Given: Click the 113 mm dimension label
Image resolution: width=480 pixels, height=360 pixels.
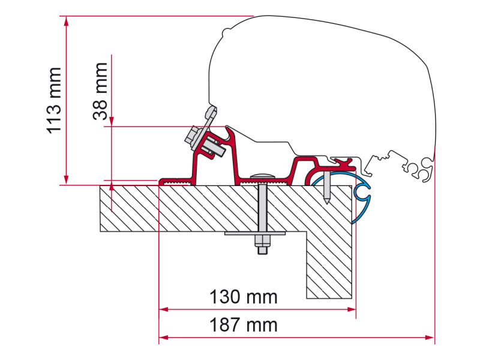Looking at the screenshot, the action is tap(55, 101).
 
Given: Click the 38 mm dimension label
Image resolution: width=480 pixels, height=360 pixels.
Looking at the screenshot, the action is tap(100, 91).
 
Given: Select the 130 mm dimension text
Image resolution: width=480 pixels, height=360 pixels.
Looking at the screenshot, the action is tap(244, 297).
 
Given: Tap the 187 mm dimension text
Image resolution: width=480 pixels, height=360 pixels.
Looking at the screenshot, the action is tap(244, 325).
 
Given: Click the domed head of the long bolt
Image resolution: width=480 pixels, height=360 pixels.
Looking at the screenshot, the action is tap(262, 176).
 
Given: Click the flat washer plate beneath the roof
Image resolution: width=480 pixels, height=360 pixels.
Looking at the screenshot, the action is tap(254, 233).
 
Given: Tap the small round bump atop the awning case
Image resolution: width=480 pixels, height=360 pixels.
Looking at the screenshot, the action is tap(226, 32).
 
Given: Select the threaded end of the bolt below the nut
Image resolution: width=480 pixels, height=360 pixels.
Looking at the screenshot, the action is tap(262, 251).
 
